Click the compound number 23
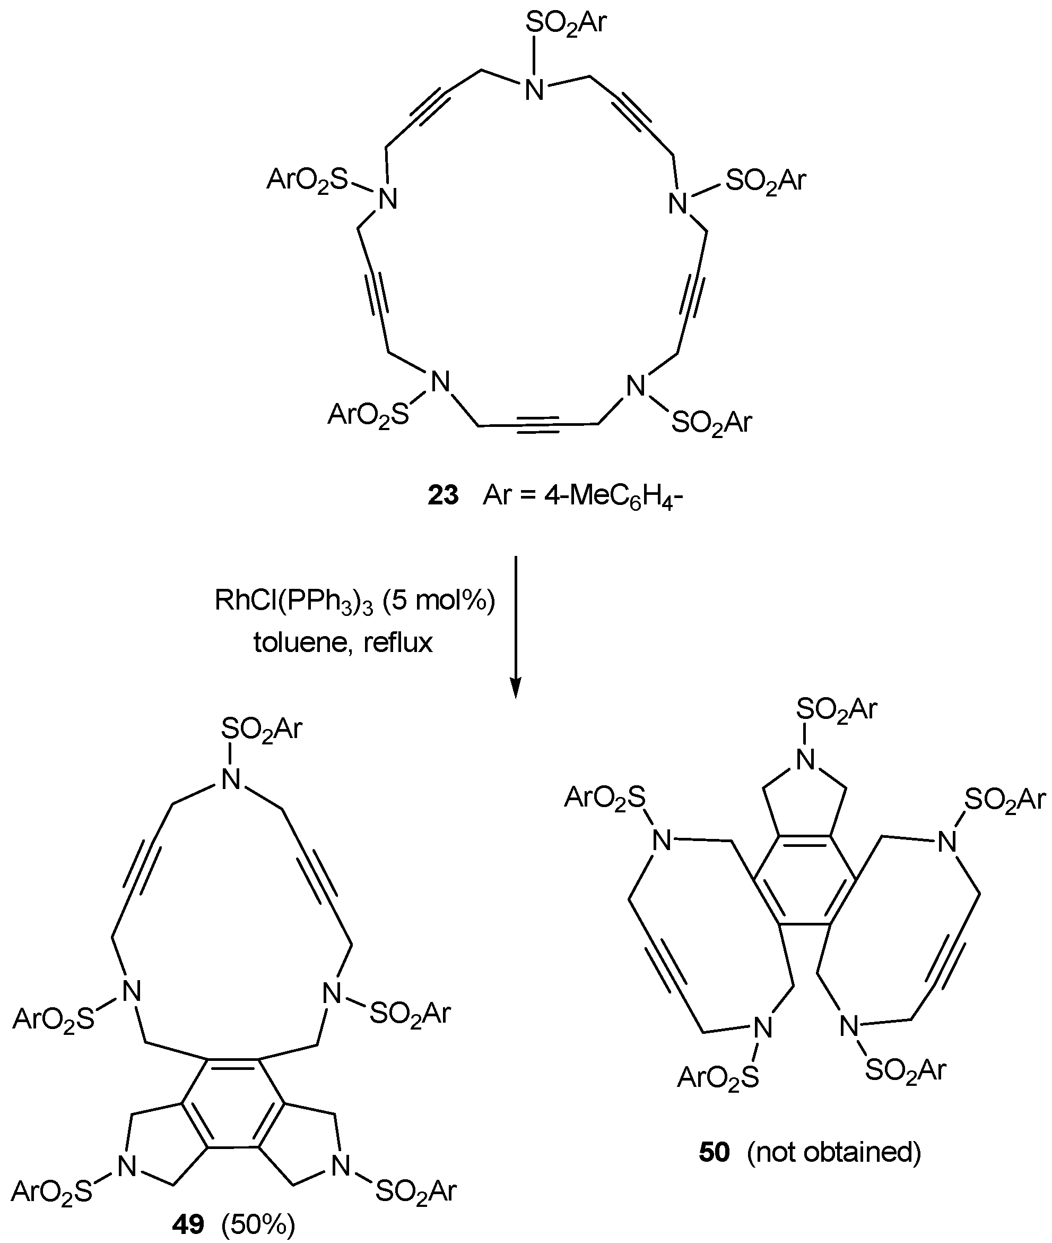click(443, 495)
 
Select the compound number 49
click(188, 1224)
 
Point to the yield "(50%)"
click(258, 1224)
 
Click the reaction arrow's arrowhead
click(516, 689)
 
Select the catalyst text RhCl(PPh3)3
click(293, 601)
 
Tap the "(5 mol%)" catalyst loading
click(439, 601)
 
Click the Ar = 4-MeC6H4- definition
click(582, 495)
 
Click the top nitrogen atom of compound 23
click(534, 90)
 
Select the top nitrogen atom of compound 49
click(230, 779)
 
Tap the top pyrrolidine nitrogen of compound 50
click(805, 760)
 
